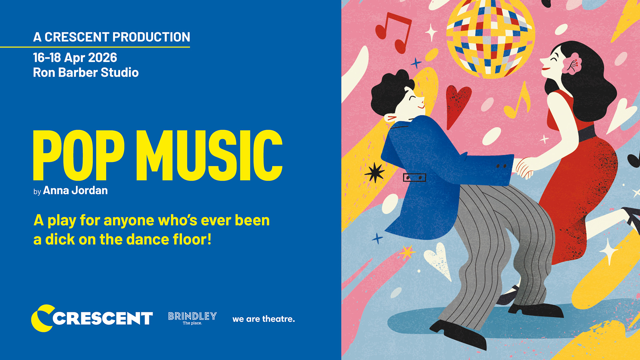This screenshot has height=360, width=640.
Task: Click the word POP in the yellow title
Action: point(79,155)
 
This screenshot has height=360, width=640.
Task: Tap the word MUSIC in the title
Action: point(209,155)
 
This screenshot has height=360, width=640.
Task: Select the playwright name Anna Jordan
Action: point(75,190)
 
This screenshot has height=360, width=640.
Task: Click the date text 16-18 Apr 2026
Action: point(75,58)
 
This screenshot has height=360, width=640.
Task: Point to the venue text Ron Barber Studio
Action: point(86,72)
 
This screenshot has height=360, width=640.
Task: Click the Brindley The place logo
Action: point(192,318)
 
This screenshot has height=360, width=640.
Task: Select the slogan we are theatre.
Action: point(264,319)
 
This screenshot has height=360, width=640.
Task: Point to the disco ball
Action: point(490,38)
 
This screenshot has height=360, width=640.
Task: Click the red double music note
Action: point(394,33)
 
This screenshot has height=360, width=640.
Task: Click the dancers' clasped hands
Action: point(525,168)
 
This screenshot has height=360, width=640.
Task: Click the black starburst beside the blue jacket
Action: point(375,172)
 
